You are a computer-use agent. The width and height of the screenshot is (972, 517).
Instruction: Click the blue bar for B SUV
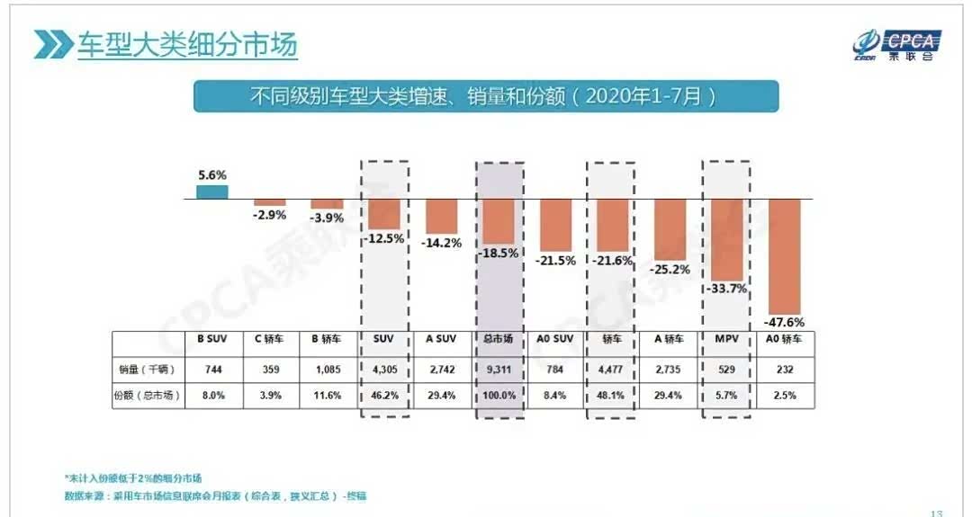212,192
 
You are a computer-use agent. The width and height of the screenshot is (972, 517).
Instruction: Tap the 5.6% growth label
212,175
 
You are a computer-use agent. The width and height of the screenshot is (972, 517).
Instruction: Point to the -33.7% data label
727,289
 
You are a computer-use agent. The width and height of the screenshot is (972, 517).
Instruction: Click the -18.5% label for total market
499,254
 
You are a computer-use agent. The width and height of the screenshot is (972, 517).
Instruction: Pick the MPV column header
726,339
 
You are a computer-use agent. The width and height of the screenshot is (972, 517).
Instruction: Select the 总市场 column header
499,339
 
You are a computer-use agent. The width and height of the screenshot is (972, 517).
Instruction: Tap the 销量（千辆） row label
148,369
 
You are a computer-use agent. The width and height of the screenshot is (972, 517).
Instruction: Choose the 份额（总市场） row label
148,395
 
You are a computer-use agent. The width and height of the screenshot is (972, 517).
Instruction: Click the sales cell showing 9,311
499,369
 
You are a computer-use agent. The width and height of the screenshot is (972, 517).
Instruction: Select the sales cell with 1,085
328,369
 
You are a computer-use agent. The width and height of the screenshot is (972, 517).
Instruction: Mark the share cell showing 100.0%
499,395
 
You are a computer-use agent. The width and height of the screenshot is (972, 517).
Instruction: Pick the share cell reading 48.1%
612,395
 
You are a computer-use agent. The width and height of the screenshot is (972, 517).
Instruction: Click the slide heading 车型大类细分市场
186,45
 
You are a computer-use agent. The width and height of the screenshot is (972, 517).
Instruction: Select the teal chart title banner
485,96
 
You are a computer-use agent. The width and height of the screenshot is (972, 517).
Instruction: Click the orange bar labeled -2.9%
270,202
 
